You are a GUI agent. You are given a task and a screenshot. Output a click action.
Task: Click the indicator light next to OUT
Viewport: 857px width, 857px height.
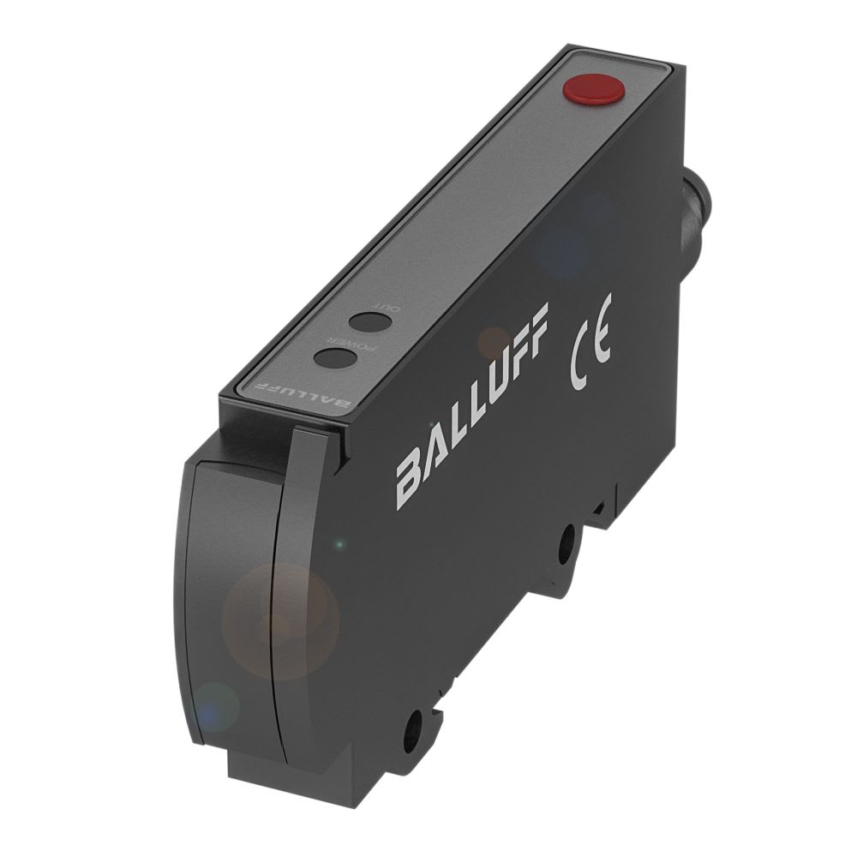370,322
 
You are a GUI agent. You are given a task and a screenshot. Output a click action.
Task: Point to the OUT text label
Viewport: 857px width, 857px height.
377,306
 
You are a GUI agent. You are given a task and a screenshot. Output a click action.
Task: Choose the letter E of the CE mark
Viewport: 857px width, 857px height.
602,339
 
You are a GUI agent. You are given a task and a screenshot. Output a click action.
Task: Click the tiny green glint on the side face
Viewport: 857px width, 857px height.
340,544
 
